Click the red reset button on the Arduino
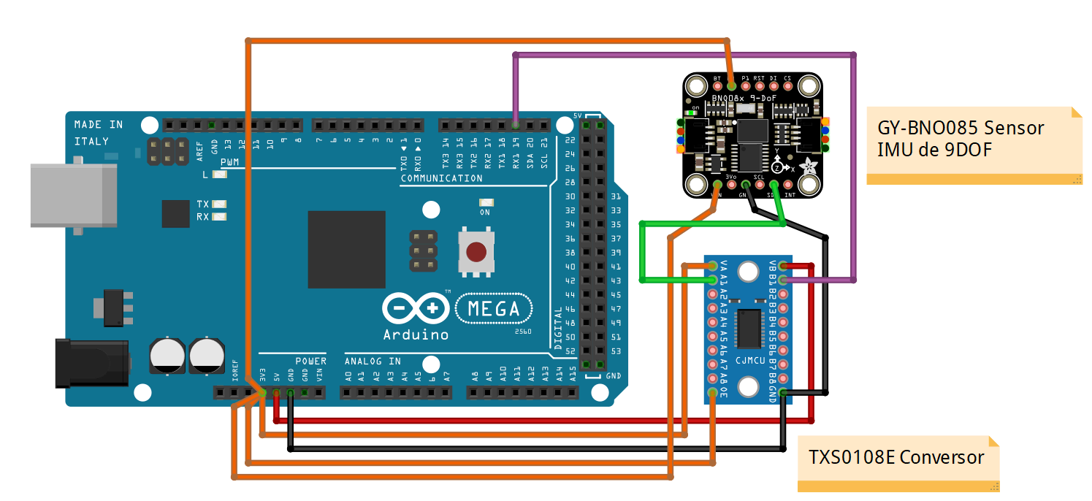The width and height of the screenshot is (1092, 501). coord(476,253)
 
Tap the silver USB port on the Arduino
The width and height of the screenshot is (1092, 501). coord(73,195)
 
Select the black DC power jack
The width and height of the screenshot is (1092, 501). coord(92,363)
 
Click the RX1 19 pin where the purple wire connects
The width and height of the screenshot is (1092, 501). coord(516,125)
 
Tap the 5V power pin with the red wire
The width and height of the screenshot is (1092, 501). coord(276,394)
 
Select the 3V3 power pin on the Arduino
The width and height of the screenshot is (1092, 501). coord(262,394)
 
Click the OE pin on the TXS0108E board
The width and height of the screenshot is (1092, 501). coord(712,393)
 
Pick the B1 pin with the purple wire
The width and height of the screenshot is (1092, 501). coord(783,280)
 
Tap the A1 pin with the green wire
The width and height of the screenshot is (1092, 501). coord(712,280)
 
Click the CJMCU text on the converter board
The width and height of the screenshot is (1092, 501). coord(748,359)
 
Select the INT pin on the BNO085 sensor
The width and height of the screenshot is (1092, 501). coord(790,184)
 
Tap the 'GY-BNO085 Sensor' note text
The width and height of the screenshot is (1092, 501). coord(961,129)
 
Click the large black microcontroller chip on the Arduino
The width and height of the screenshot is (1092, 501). coord(346,250)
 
